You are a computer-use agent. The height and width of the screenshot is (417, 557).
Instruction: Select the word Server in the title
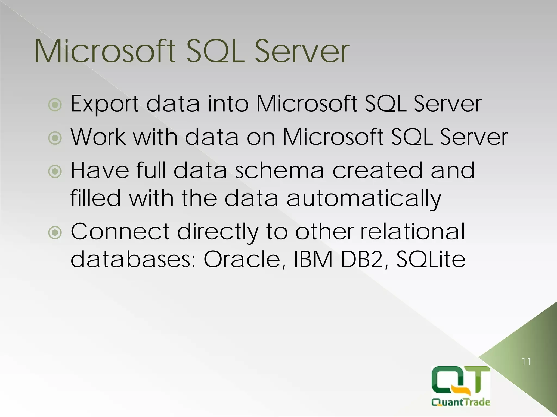tap(302, 52)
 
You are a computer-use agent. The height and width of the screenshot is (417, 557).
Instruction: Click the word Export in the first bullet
tap(105, 104)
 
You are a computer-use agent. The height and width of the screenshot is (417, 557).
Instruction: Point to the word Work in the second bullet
tap(98, 137)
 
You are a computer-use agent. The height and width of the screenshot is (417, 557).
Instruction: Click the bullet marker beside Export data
tap(55, 105)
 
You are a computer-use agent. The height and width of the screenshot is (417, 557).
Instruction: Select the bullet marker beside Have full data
tap(55, 171)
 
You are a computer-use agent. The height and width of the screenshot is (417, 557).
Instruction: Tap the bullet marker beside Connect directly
tap(55, 232)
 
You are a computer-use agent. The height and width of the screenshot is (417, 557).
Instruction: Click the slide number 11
tap(526, 361)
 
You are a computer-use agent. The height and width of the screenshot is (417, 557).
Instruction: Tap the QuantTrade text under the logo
tap(461, 402)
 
